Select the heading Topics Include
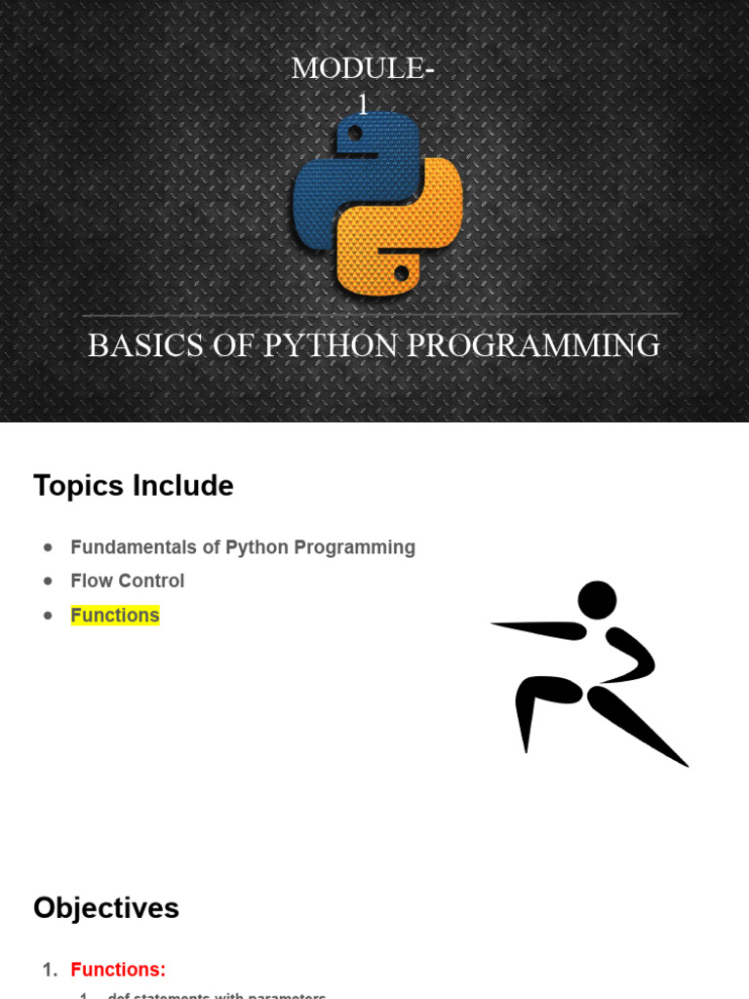134,486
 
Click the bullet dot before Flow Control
48,581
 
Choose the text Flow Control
127,581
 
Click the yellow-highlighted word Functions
115,616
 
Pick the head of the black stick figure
597,599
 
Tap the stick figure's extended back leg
639,727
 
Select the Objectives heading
106,908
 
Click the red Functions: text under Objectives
118,970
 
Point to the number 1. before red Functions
51,970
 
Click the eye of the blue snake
355,132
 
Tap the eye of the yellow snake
401,273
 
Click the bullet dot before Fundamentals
48,548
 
